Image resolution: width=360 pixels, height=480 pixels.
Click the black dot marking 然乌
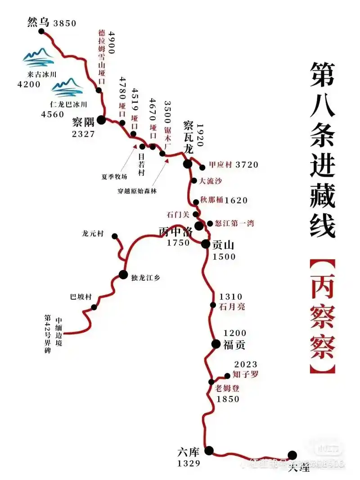click(x=42, y=31)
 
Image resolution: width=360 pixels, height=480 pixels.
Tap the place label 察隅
click(x=84, y=122)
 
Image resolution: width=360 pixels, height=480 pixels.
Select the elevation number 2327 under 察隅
click(x=83, y=134)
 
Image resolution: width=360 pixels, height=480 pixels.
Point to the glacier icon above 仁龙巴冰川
click(x=67, y=87)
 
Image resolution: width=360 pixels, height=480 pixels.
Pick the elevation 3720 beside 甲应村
click(x=247, y=165)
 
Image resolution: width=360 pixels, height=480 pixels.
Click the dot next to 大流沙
click(x=194, y=181)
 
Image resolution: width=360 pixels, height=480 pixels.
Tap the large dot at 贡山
click(x=205, y=244)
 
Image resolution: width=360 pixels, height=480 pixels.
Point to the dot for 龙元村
click(x=115, y=236)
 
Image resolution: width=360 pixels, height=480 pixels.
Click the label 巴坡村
click(x=81, y=297)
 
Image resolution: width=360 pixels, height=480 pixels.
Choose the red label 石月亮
click(x=231, y=307)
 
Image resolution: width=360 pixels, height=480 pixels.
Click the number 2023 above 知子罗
click(x=246, y=364)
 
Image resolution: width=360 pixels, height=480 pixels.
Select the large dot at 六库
click(x=209, y=450)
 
